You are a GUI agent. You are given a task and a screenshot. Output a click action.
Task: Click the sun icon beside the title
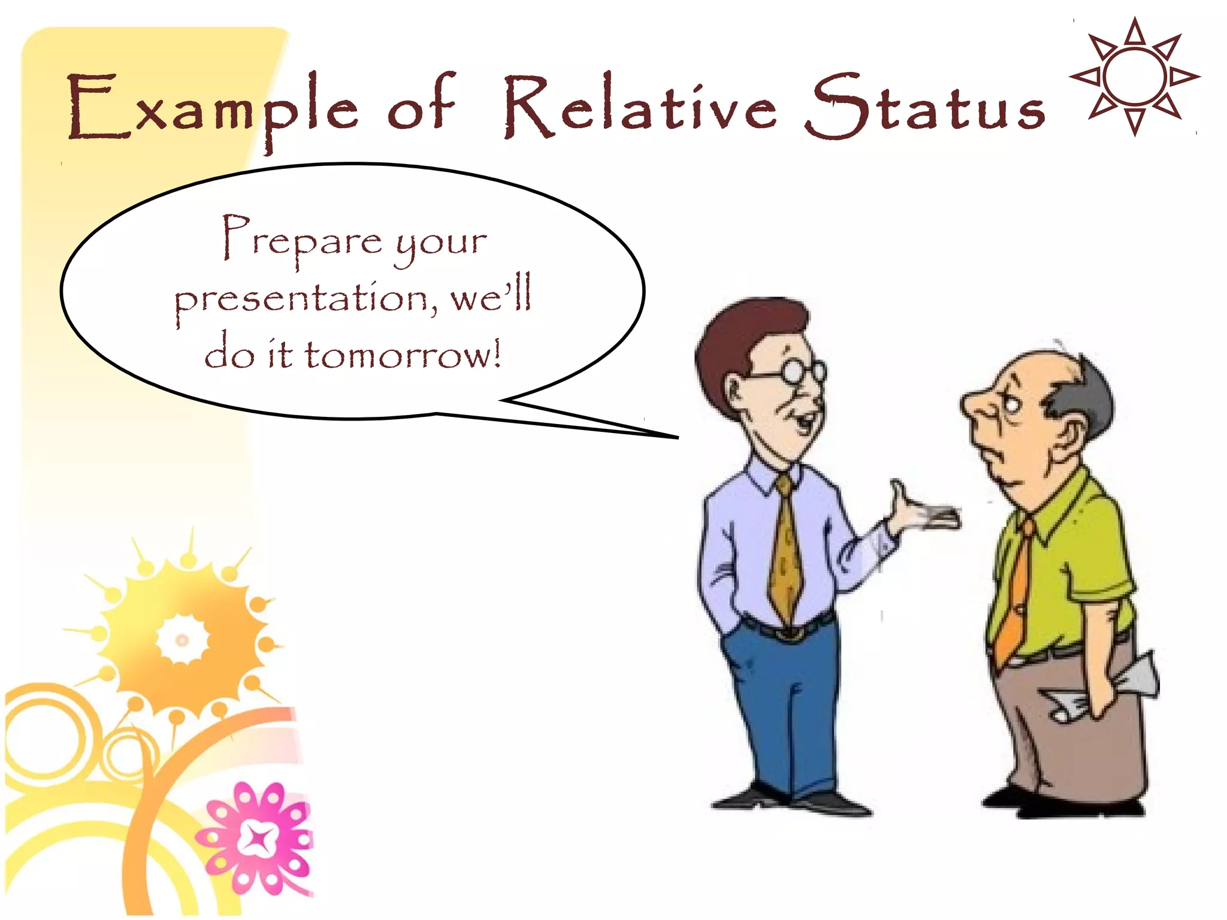click(1134, 77)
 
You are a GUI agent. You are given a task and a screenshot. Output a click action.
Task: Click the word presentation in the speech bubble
click(306, 299)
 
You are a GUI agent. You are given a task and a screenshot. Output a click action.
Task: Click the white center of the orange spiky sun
click(182, 640)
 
